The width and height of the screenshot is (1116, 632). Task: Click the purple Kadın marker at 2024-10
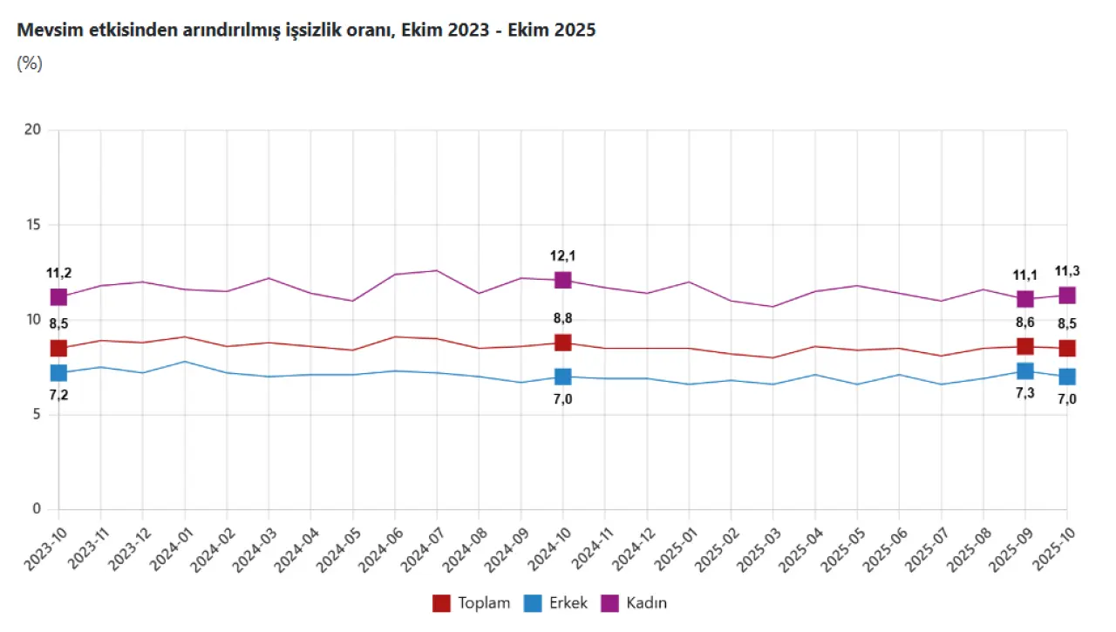[x=562, y=280]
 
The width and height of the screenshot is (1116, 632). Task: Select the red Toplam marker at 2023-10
[x=58, y=348]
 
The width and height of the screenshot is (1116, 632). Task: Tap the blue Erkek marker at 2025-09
[x=1025, y=371]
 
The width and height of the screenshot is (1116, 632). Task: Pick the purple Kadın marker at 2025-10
[x=1067, y=295]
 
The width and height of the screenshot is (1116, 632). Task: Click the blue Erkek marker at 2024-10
[x=562, y=377]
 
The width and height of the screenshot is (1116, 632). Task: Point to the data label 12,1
[x=562, y=256]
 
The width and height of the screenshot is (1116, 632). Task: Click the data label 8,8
[x=562, y=318]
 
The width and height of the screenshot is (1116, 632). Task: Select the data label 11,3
[x=1067, y=271]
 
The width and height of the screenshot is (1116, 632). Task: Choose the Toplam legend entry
[x=471, y=602]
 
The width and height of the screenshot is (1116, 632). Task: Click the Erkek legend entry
[x=555, y=602]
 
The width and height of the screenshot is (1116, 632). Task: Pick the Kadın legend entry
[x=635, y=602]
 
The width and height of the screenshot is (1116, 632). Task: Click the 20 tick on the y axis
[x=33, y=130]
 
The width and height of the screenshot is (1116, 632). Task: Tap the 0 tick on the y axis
[x=37, y=509]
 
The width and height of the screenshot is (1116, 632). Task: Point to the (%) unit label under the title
[x=30, y=63]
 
